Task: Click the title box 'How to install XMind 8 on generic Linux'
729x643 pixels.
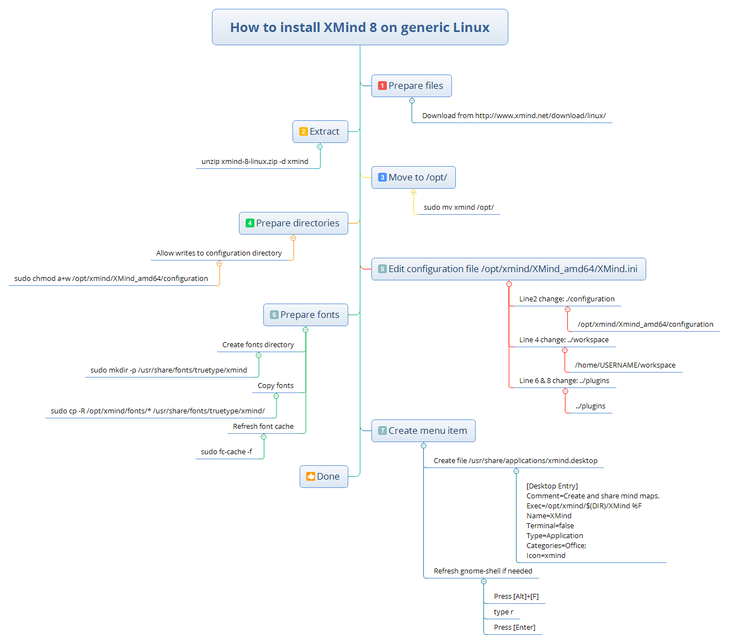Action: coord(360,27)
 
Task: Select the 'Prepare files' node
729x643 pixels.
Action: coord(411,86)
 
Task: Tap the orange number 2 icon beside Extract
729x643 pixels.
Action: coord(304,131)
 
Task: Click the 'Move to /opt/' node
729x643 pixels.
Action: coord(413,177)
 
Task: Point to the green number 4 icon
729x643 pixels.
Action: coord(250,223)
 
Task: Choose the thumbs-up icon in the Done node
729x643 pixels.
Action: coord(310,476)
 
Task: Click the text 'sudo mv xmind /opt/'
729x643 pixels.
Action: coord(459,208)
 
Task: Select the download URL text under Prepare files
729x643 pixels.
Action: coord(514,116)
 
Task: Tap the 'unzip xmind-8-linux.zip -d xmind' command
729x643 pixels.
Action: coord(255,162)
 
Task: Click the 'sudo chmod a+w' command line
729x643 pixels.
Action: coord(111,279)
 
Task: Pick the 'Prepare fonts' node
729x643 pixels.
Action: coord(305,315)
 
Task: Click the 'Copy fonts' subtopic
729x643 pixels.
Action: coord(275,386)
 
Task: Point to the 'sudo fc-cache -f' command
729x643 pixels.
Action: coord(226,452)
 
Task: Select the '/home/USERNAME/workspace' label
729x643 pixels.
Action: coord(625,365)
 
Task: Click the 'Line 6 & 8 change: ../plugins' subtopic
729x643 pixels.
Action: coord(564,381)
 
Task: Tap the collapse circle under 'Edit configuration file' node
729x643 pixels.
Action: coord(509,284)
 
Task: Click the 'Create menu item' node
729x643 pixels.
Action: coord(423,431)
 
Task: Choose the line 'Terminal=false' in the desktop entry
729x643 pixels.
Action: coord(550,526)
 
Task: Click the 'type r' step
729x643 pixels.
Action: coord(503,612)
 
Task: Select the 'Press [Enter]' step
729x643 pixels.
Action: coord(514,628)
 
